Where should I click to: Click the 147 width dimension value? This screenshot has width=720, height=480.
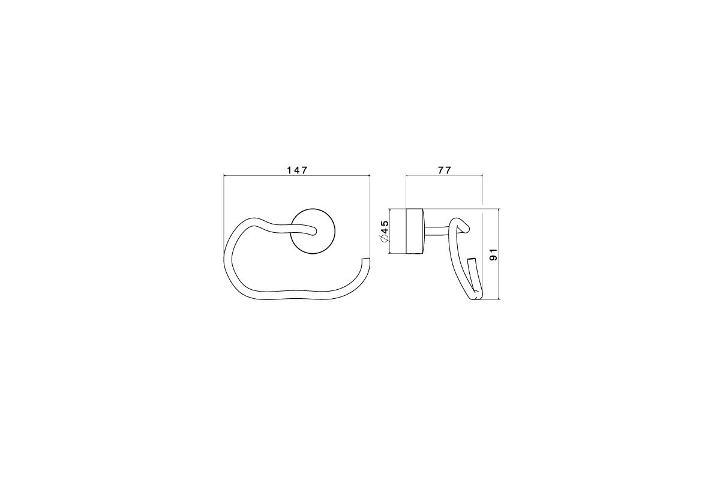click(298, 170)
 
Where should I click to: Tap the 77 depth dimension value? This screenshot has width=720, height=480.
click(445, 170)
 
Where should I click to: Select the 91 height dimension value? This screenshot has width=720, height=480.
click(494, 254)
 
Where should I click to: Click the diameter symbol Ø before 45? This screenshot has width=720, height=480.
click(385, 239)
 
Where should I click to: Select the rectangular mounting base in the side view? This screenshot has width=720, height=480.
click(415, 231)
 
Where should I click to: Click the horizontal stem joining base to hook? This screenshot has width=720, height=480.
click(436, 231)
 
